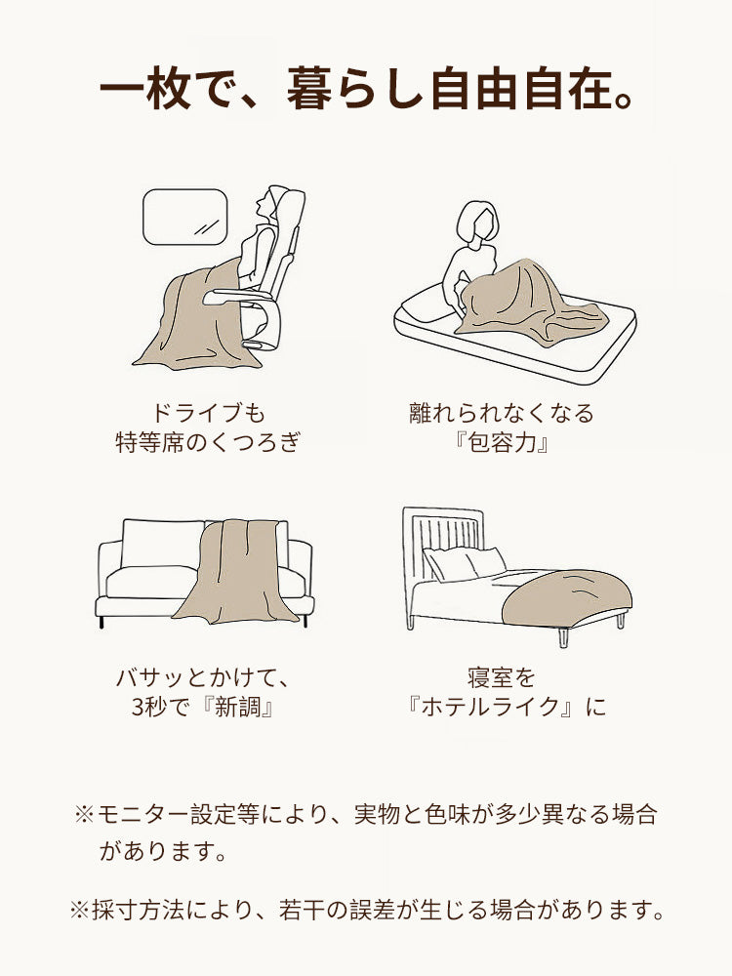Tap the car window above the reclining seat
tap(185, 218)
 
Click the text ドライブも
tap(207, 413)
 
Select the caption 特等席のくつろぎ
tap(207, 444)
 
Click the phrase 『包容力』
tap(501, 444)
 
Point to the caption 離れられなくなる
tap(501, 413)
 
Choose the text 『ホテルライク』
tap(493, 706)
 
